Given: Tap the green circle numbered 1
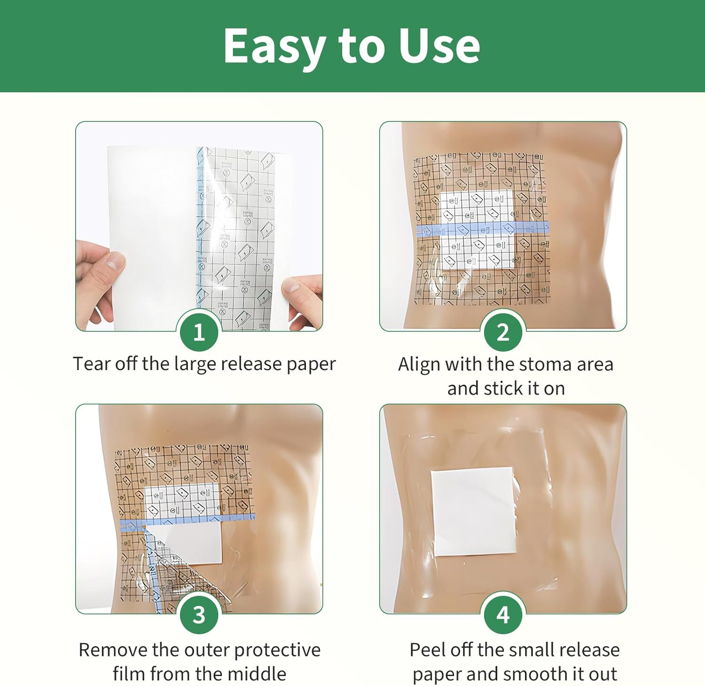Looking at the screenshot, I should coord(199,332).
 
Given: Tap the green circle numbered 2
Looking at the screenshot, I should coord(503,332).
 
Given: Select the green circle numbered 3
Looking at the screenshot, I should coord(199,614).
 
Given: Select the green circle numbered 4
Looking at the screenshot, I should coord(503,614).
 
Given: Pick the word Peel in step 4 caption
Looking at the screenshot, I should coord(428,650).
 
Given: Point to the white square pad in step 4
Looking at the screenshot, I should coord(472,511).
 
